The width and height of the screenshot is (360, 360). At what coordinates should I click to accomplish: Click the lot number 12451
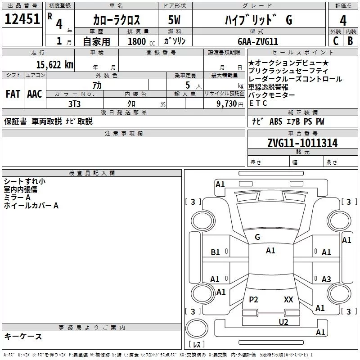point(22,20)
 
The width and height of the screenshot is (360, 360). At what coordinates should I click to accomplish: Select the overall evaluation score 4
point(343,21)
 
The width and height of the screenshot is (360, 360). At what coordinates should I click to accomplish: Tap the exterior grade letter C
point(335,41)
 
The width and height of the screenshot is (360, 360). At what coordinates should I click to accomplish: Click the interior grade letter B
point(350,41)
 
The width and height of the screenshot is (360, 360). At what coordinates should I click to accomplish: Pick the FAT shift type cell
point(13,94)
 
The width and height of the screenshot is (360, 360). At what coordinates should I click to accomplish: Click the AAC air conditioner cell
point(34,94)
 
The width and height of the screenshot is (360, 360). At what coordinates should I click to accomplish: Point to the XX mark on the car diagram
point(288,299)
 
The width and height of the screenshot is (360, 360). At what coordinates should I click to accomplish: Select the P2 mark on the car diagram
point(253,299)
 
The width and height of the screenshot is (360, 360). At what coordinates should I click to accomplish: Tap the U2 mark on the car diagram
point(283,321)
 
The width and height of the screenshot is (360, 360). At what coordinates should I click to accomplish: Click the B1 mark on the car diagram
point(215,252)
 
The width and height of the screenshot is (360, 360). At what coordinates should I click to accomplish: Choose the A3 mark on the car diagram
point(326,279)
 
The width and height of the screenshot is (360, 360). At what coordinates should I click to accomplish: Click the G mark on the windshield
point(257,237)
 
